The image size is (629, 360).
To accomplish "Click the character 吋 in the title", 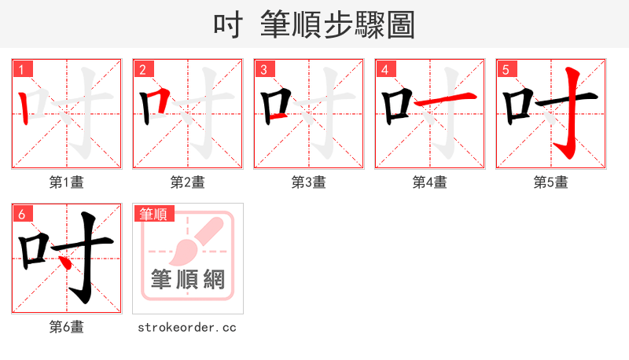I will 229,24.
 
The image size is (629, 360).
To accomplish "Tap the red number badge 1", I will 23,69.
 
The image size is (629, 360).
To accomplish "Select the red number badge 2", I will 143,69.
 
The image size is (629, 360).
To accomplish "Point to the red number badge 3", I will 264,69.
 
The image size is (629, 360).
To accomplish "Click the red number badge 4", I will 385,69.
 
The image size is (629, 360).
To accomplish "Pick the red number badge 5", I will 506,69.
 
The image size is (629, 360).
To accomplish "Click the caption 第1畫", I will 67,182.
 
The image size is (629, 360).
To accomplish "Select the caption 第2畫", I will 188,182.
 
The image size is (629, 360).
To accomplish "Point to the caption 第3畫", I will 309,182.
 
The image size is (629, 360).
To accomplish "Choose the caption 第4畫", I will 430,182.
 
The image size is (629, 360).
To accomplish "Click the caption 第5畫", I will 551,182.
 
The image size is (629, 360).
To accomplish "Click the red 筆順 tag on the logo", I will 155,214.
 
